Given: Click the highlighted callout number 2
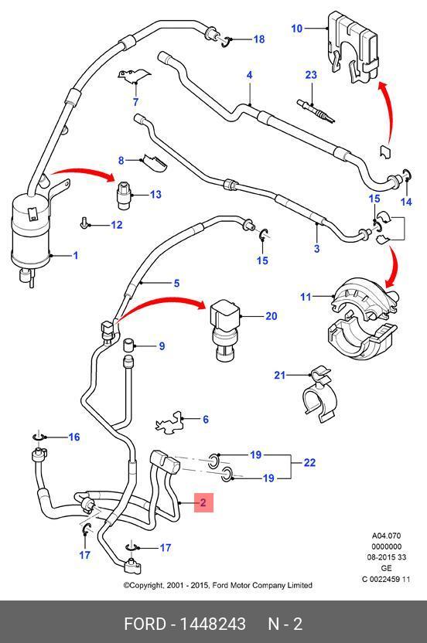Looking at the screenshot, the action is click(x=203, y=502).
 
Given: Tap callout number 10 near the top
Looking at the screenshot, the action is click(x=297, y=29).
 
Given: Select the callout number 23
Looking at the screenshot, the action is click(x=311, y=75).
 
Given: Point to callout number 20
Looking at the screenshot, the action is click(x=272, y=316).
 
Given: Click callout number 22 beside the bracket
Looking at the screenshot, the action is click(x=309, y=463).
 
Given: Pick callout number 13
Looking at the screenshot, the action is click(x=155, y=195).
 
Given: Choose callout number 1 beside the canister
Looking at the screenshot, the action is click(x=76, y=256).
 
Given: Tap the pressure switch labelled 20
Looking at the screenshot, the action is click(x=224, y=330).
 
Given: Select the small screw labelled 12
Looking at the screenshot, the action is click(x=84, y=223).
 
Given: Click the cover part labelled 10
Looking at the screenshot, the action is click(x=352, y=47).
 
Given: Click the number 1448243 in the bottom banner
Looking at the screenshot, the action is click(x=213, y=624).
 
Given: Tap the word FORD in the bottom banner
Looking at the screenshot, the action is click(x=145, y=624).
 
